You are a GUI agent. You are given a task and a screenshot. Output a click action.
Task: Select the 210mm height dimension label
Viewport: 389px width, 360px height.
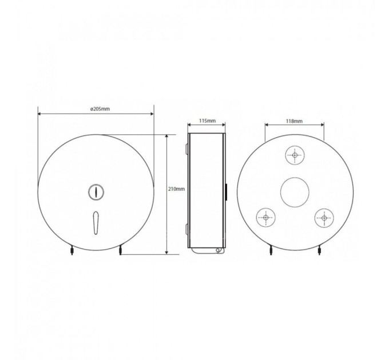click(x=177, y=189)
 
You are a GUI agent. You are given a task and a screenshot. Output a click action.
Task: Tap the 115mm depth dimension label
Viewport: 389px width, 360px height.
click(x=208, y=121)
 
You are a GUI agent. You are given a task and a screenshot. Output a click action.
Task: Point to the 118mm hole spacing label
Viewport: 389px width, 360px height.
click(x=294, y=121)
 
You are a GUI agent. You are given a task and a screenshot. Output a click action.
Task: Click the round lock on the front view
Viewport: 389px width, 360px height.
click(x=96, y=191)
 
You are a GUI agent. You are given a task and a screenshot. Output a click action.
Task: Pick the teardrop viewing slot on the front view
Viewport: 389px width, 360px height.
click(x=96, y=223)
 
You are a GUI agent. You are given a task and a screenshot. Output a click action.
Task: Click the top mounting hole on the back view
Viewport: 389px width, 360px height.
click(x=295, y=155)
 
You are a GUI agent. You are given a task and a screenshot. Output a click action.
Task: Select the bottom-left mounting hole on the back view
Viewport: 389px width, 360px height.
click(x=265, y=218)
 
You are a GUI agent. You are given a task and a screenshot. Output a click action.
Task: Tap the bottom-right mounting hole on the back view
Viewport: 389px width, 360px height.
click(x=324, y=218)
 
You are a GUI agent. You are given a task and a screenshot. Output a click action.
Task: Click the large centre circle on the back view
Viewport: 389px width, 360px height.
click(x=295, y=192)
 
